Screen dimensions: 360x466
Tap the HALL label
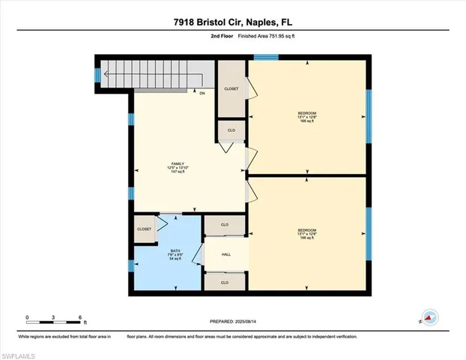[x=226, y=254]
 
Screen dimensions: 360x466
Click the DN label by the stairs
[x=202, y=93]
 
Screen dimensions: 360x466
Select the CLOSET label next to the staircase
[x=232, y=88]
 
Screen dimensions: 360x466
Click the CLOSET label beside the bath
[x=144, y=229]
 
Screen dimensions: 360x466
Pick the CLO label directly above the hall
[x=226, y=224]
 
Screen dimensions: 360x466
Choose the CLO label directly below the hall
[x=226, y=283]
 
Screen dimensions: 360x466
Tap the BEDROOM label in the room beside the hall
[x=306, y=230]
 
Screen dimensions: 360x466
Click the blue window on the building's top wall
[x=266, y=57]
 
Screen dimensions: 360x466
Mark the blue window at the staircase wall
[x=96, y=75]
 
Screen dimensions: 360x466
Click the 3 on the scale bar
[x=54, y=317]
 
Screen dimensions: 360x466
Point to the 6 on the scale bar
[x=81, y=317]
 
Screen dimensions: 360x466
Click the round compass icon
[x=429, y=318]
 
